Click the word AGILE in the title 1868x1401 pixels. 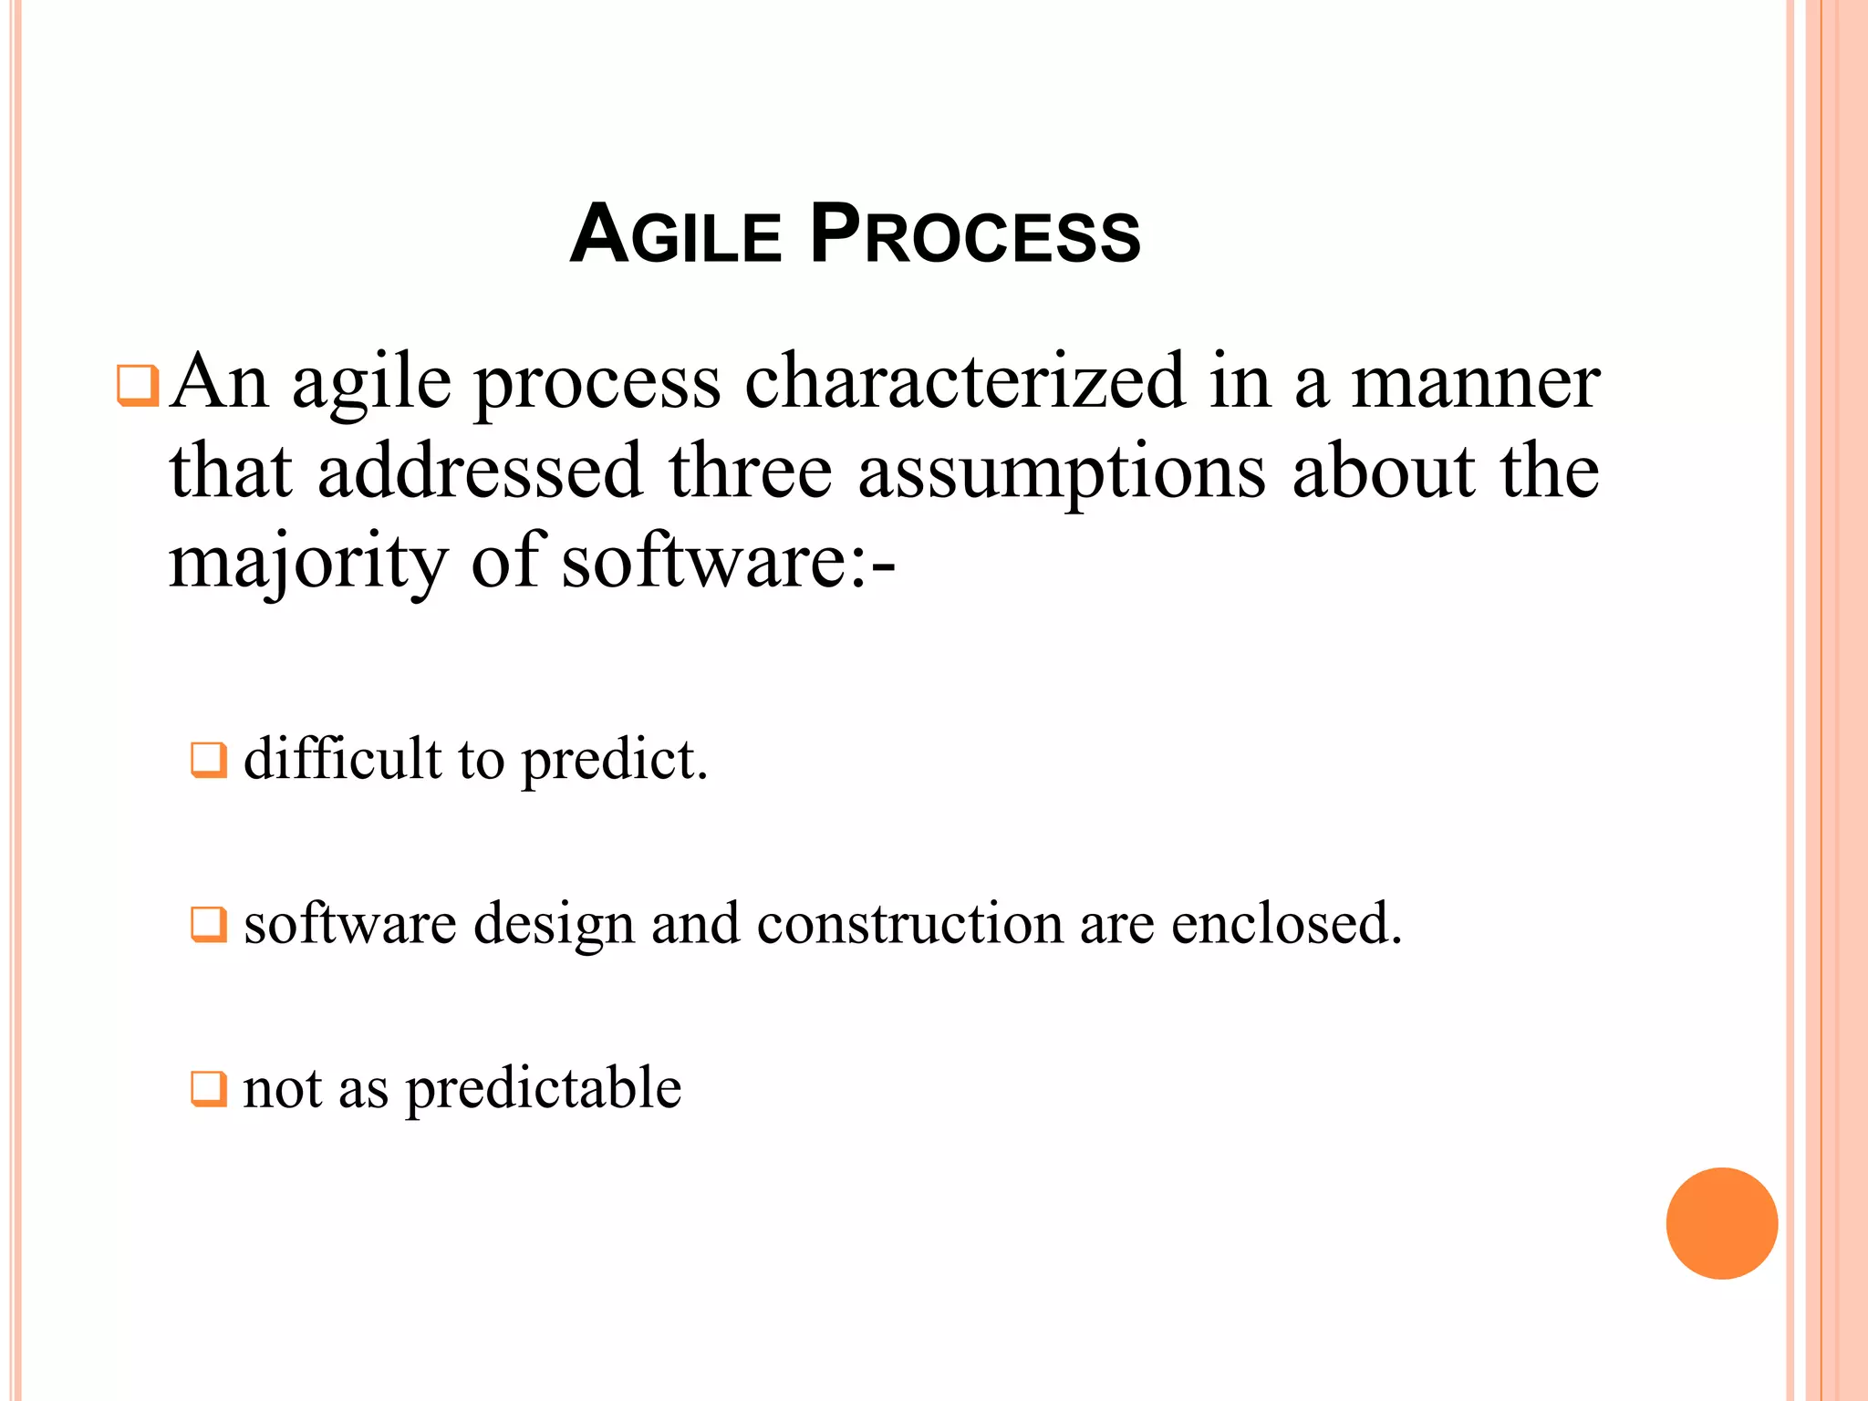(x=676, y=234)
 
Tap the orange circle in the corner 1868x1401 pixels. (x=1721, y=1223)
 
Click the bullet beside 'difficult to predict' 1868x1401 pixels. (x=208, y=759)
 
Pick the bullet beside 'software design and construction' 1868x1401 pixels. (x=208, y=924)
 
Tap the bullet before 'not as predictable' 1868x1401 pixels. (x=208, y=1088)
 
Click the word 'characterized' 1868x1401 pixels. (x=964, y=381)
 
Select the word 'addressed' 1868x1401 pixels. (x=480, y=472)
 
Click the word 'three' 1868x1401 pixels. (x=751, y=472)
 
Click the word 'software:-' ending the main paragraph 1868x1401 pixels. (x=728, y=561)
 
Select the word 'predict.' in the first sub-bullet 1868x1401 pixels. (x=614, y=761)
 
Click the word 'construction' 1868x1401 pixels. (x=909, y=923)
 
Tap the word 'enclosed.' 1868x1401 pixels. (x=1286, y=923)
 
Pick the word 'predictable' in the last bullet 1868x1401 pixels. (x=544, y=1089)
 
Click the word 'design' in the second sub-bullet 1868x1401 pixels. (x=554, y=925)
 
